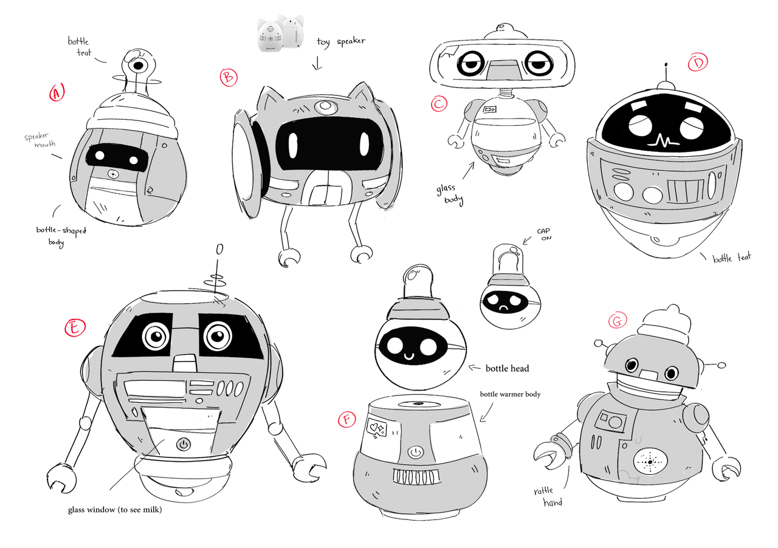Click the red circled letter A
click(x=57, y=92)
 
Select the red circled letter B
click(x=229, y=77)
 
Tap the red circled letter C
click(x=439, y=104)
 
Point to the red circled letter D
click(x=698, y=62)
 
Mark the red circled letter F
click(x=346, y=420)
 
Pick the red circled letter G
click(x=618, y=321)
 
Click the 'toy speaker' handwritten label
click(x=341, y=42)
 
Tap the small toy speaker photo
click(x=281, y=33)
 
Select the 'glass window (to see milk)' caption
click(x=115, y=510)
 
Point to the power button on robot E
click(x=184, y=445)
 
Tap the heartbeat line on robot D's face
click(x=664, y=141)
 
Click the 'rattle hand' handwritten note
click(x=548, y=496)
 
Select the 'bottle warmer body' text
click(x=510, y=394)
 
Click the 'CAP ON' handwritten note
click(x=544, y=234)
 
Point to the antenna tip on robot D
click(x=666, y=64)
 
